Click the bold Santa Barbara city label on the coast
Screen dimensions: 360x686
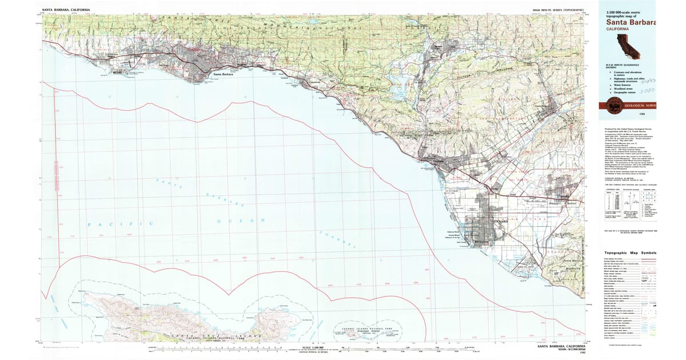click(x=223, y=74)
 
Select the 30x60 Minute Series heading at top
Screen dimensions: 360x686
click(x=558, y=10)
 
